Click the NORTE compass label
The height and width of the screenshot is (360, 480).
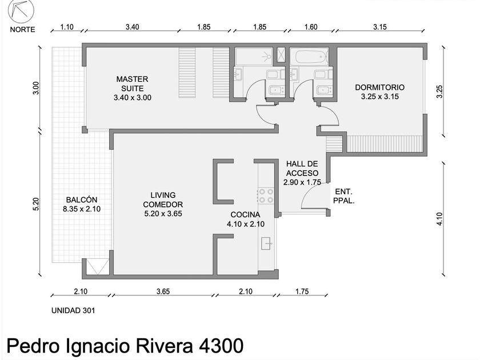pyautogui.click(x=22, y=29)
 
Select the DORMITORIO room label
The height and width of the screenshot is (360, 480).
pyautogui.click(x=379, y=87)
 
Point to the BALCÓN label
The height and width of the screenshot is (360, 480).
pyautogui.click(x=82, y=199)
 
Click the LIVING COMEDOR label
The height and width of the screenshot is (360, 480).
pyautogui.click(x=163, y=199)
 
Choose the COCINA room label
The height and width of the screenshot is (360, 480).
pyautogui.click(x=245, y=215)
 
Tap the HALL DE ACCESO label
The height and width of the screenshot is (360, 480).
pyautogui.click(x=302, y=169)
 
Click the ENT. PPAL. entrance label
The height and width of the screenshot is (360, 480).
pyautogui.click(x=344, y=196)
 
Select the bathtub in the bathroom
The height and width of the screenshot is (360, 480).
pyautogui.click(x=309, y=57)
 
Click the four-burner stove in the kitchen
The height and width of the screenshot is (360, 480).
pyautogui.click(x=265, y=196)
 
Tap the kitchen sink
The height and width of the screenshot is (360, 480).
pyautogui.click(x=267, y=243)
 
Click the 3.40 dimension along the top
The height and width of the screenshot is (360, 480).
pyautogui.click(x=132, y=27)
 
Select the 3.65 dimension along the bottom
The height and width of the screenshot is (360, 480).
pyautogui.click(x=163, y=291)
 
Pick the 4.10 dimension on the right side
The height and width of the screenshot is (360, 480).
pyautogui.click(x=439, y=219)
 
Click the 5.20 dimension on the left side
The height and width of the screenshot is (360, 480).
pyautogui.click(x=36, y=204)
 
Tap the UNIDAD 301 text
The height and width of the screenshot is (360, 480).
pyautogui.click(x=73, y=310)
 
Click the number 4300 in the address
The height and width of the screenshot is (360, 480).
pyautogui.click(x=221, y=346)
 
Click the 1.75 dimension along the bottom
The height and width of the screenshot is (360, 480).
pyautogui.click(x=302, y=291)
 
